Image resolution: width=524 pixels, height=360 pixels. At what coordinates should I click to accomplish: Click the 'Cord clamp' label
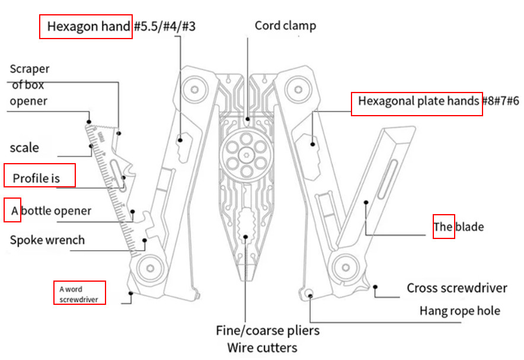tap(285, 26)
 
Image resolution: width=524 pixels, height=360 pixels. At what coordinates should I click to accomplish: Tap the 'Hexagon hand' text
tap(88, 27)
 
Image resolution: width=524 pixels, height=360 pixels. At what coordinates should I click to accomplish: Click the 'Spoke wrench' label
tap(47, 240)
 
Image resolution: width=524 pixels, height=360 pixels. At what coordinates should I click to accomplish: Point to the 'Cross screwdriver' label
tap(456, 288)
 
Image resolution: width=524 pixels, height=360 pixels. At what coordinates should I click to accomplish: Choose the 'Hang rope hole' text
tap(459, 311)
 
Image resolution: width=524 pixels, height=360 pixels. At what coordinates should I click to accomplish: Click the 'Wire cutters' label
tap(262, 348)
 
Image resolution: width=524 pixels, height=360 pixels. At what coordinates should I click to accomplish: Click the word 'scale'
tap(24, 148)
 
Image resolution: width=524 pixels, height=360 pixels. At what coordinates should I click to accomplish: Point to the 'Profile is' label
tap(37, 178)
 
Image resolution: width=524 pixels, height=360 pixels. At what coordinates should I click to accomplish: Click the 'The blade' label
tap(458, 227)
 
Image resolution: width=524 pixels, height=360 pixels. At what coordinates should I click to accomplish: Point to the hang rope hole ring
tap(309, 292)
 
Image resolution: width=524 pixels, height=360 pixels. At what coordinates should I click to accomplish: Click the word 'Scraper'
tap(30, 69)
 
